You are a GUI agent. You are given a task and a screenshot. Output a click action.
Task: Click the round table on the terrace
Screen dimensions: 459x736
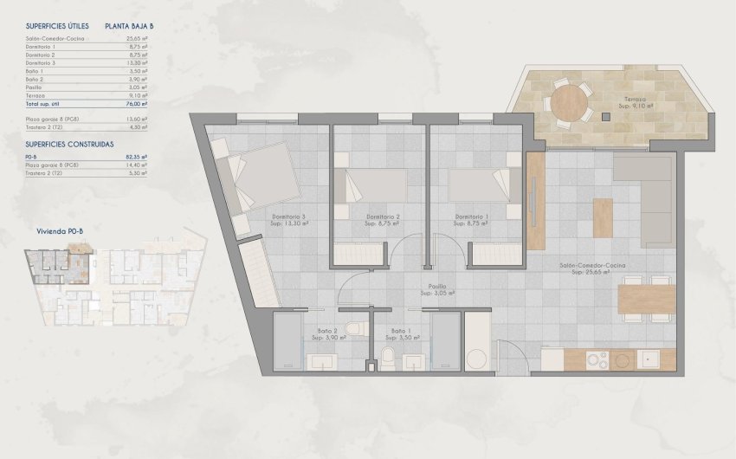(x=569, y=100)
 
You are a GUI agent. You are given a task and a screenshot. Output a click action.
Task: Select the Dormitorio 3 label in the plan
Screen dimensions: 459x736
(x=291, y=217)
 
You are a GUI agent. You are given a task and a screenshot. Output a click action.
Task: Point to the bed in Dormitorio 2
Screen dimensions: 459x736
(x=376, y=184)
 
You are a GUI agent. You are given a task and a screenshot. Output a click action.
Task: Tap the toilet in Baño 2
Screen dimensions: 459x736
(x=351, y=329)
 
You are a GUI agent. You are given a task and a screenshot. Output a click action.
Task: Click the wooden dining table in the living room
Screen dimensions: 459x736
(x=647, y=300)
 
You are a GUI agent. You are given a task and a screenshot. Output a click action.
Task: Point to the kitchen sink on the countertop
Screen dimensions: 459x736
(x=649, y=359)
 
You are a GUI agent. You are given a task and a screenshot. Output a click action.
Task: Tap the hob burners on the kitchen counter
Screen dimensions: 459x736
(x=598, y=359)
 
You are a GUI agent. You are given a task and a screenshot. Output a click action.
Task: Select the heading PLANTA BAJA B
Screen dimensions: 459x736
(x=129, y=27)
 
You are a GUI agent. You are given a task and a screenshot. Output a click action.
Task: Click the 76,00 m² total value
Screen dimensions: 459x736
(x=136, y=103)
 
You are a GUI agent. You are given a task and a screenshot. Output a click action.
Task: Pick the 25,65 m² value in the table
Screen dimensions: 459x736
(x=137, y=39)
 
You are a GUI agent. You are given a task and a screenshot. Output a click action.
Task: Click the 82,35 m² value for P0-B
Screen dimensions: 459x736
(x=137, y=157)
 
